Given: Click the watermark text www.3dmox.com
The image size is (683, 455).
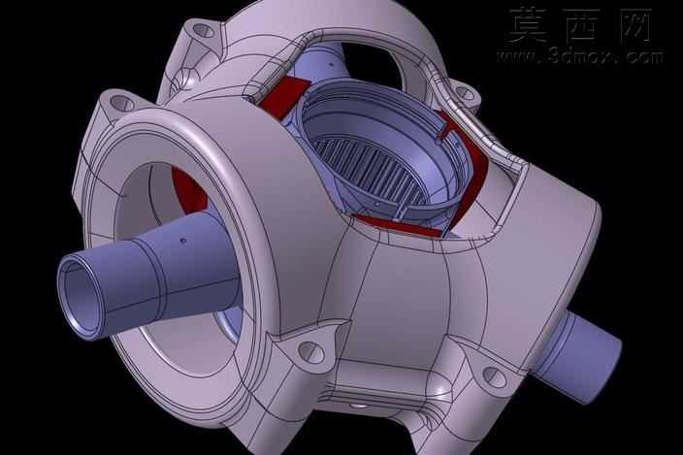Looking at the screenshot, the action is tap(580, 56).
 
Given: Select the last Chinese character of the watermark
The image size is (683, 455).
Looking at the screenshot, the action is tap(634, 25).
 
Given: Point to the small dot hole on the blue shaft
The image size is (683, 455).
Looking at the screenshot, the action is tap(183, 241).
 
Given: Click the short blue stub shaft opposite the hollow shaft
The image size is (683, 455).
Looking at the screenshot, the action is tap(579, 353).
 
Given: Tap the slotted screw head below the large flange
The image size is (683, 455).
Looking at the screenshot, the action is tap(311, 352).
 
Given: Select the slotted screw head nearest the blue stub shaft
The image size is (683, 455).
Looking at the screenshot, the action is tap(495, 376).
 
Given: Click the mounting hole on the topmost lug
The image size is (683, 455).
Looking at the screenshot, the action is tap(203, 31).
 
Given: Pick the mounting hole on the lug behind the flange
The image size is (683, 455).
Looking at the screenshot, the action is tap(122, 103).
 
